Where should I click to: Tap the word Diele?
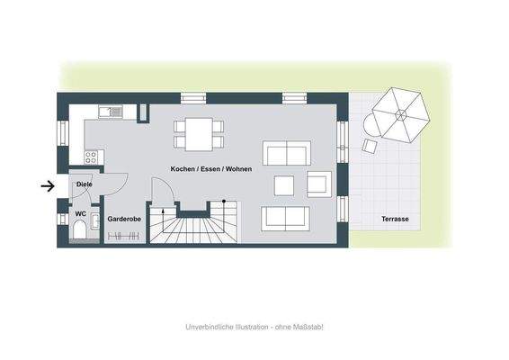tap(84, 184)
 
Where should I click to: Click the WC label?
tap(81, 213)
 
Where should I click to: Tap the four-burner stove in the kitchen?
tap(91, 156)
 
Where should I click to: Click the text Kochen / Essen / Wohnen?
tap(212, 168)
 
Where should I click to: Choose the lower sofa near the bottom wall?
tap(285, 218)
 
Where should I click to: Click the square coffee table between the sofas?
tap(284, 184)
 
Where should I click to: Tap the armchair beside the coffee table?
tap(319, 184)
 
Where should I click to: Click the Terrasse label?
tap(395, 219)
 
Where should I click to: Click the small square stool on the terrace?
tap(369, 144)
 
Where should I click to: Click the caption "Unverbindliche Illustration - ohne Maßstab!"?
tap(254, 327)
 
